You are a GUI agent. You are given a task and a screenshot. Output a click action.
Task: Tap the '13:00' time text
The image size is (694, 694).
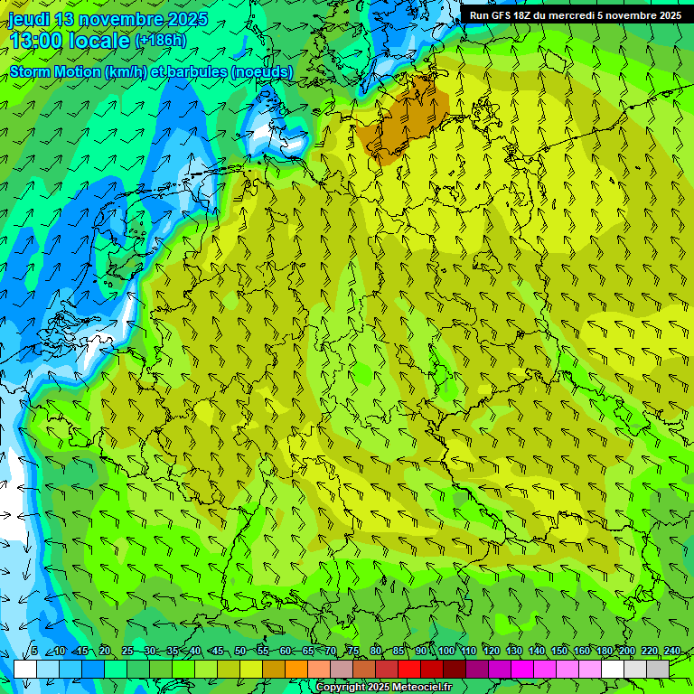click(x=38, y=40)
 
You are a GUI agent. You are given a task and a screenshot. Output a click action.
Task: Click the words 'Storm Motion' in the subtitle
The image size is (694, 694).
click(x=55, y=72)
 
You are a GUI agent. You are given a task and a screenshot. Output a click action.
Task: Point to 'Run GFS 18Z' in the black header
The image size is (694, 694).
click(x=502, y=15)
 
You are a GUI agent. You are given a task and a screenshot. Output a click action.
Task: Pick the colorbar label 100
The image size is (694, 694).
click(x=445, y=652)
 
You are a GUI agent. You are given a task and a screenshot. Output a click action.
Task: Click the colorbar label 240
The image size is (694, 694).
click(x=672, y=652)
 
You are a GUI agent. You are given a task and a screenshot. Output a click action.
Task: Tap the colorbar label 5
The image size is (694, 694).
click(x=33, y=652)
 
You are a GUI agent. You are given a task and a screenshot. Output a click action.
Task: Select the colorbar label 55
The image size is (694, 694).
click(x=263, y=652)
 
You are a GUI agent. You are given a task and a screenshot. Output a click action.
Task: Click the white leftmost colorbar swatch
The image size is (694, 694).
click(x=25, y=669)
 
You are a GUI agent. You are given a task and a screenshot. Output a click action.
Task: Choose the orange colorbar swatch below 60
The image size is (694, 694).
click(x=274, y=669)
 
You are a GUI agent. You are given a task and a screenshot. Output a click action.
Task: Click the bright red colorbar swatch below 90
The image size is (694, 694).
click(x=409, y=669)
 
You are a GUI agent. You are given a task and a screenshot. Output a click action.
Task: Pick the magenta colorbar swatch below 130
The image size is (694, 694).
click(x=500, y=669)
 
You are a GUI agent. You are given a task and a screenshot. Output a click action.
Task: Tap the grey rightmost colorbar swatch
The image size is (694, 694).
click(x=658, y=669)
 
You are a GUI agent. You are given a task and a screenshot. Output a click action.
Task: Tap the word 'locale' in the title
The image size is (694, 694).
click(x=99, y=40)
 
